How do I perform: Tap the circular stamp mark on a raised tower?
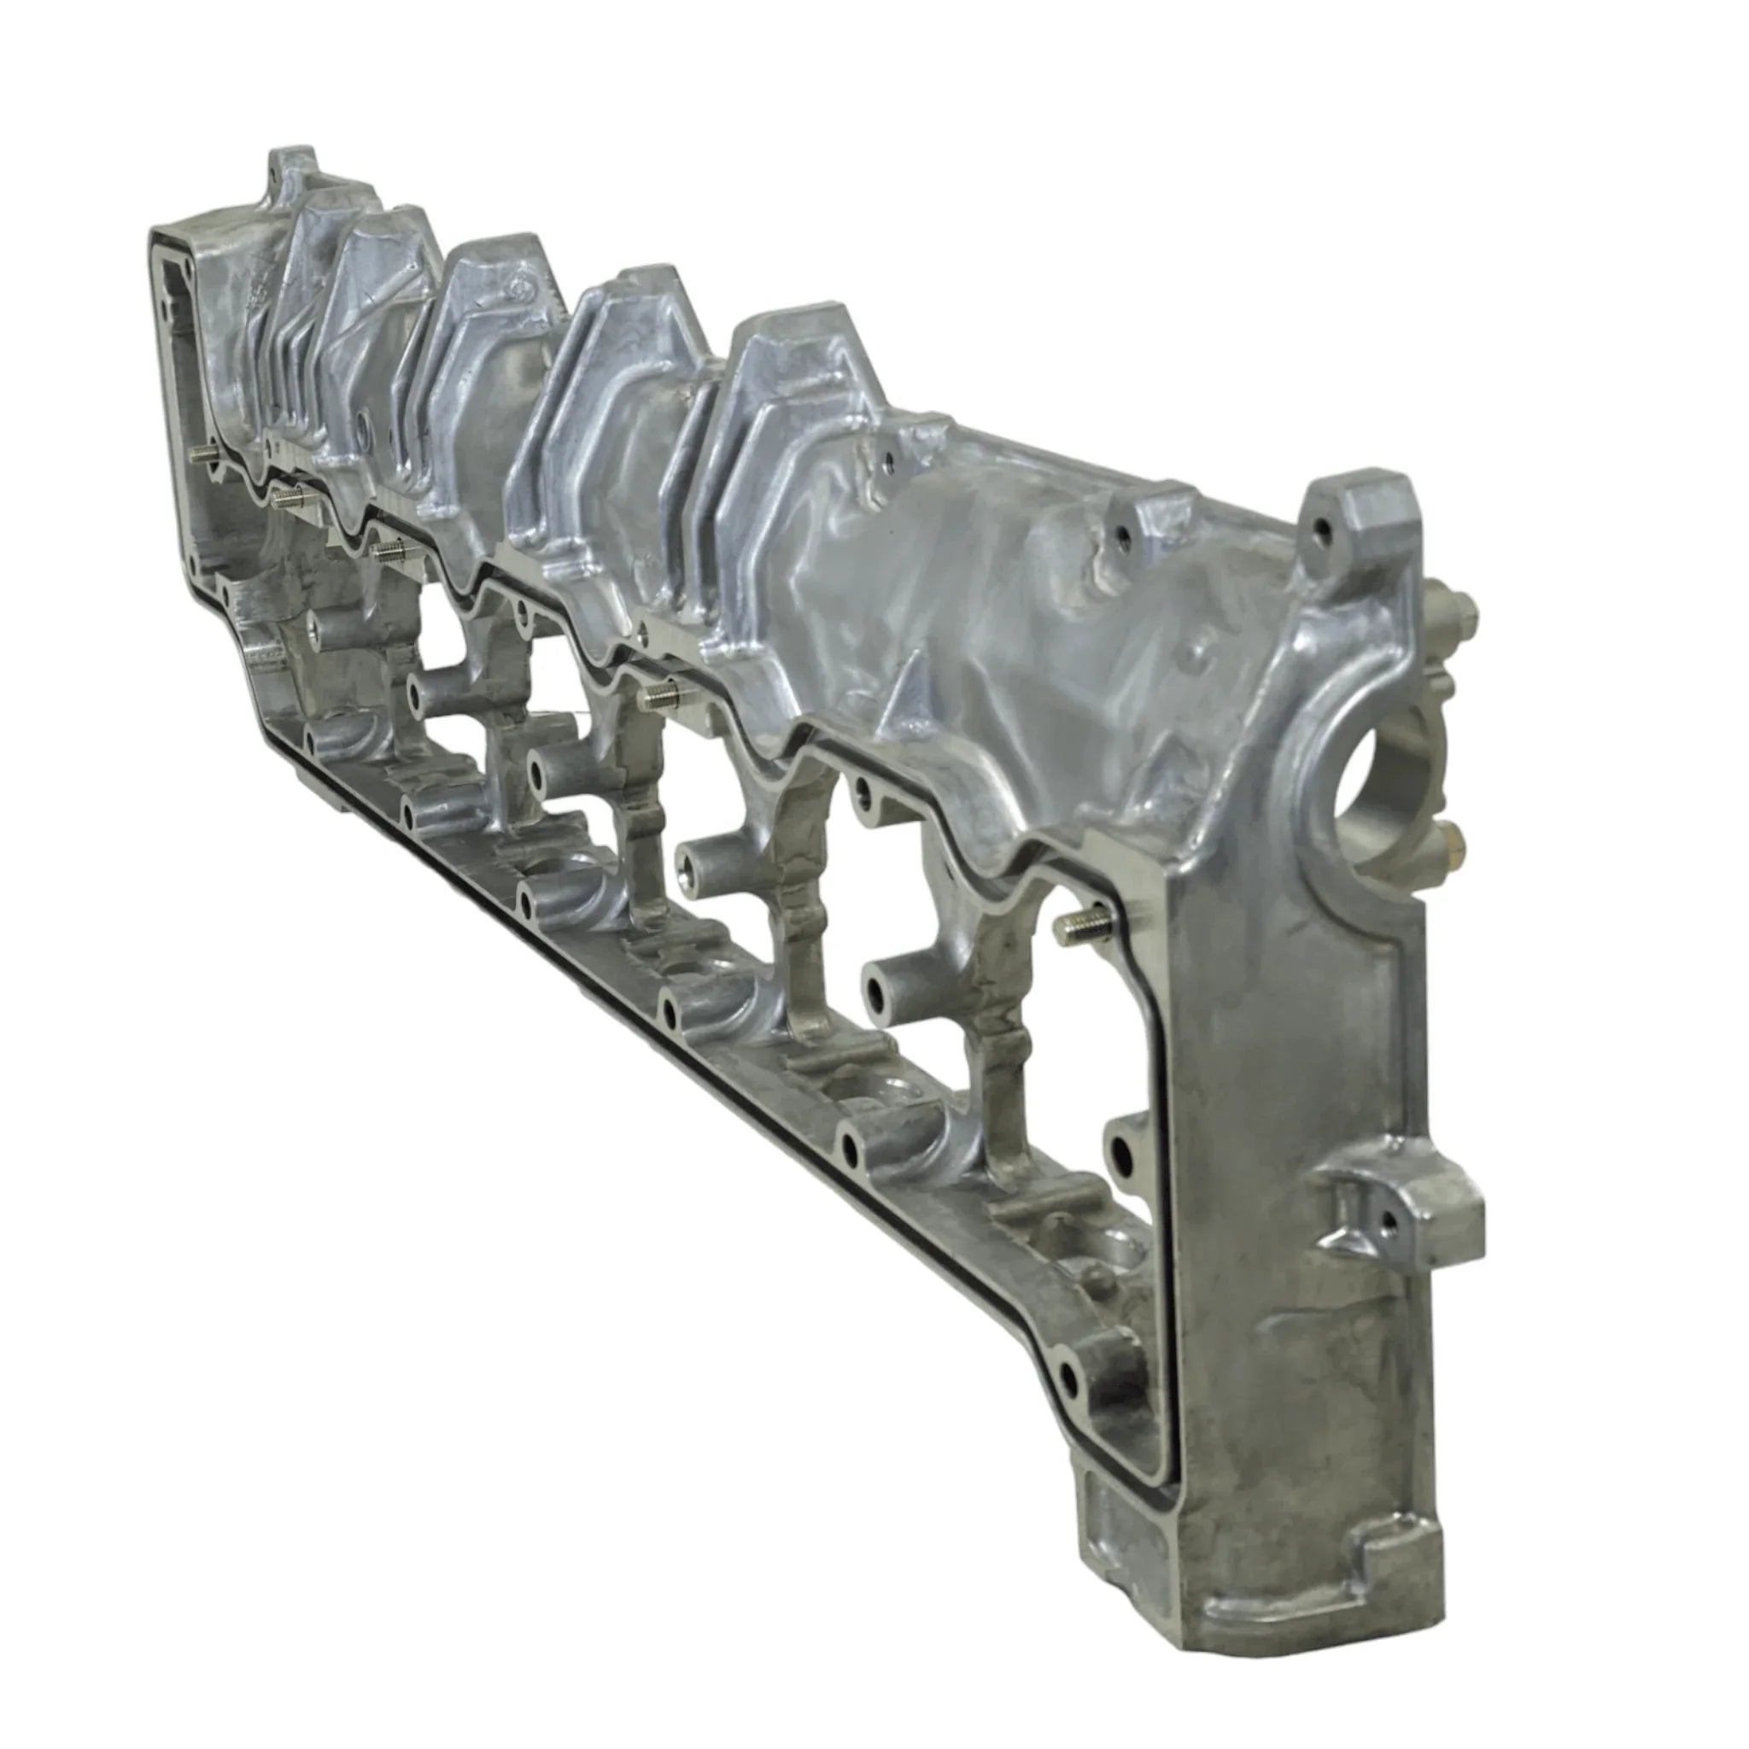pyautogui.click(x=518, y=288)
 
